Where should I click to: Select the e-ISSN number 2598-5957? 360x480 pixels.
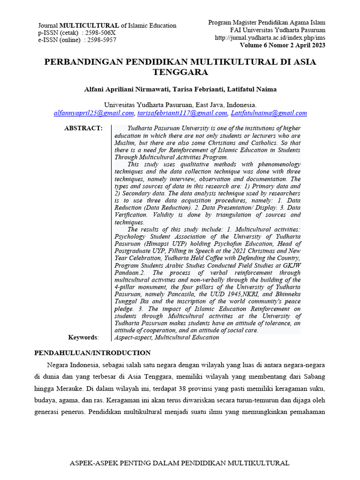pos(100,40)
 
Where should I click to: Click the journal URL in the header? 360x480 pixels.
pos(270,37)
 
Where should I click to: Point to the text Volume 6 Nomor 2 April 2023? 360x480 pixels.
pos(283,45)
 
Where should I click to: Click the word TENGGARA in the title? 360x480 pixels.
pos(180,72)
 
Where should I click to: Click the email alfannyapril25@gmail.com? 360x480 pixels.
pos(94,113)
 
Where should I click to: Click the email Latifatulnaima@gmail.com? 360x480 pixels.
pos(268,113)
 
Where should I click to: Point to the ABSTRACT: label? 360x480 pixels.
pos(83,128)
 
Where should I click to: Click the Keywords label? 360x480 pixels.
pos(83,337)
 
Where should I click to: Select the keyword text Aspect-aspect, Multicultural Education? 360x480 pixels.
pos(167,337)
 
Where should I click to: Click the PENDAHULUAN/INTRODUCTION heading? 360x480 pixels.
pos(93,353)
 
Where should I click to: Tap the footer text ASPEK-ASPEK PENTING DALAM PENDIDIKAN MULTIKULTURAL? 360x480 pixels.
pos(180,463)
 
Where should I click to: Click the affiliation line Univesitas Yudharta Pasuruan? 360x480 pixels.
pos(180,105)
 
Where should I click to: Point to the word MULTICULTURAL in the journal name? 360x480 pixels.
pos(90,26)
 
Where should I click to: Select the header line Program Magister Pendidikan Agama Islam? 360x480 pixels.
pos(266,22)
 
